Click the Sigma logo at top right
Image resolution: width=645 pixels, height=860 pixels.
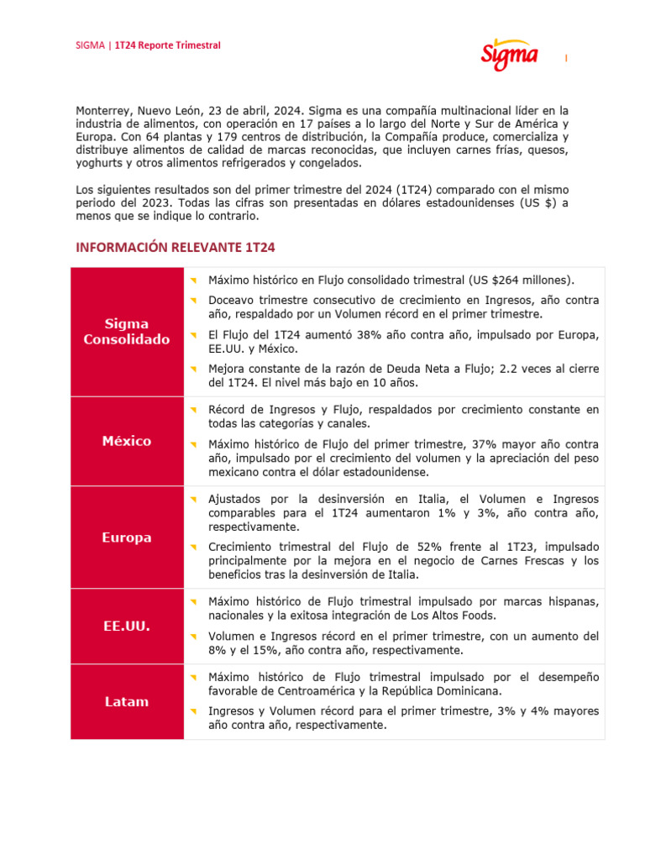tap(510, 55)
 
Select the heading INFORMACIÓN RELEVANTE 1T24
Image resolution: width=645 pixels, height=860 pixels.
tap(176, 248)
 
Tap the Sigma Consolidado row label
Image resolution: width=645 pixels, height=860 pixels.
tap(127, 332)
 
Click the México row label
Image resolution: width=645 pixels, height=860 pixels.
tap(127, 441)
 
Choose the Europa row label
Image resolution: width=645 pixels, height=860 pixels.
tap(127, 537)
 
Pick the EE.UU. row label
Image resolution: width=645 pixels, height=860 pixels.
tap(127, 626)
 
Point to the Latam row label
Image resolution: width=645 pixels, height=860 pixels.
tap(127, 701)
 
